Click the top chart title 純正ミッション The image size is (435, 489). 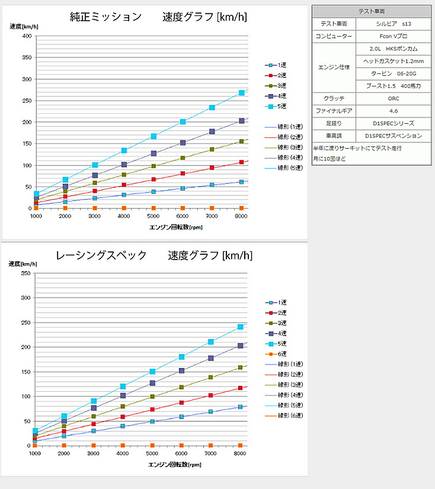[x=105, y=17]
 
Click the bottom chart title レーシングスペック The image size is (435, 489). [x=101, y=255]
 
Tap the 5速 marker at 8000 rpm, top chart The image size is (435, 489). [x=241, y=93]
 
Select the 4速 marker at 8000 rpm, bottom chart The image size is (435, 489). [x=241, y=346]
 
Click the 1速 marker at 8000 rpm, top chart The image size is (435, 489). [x=241, y=182]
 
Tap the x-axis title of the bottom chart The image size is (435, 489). [x=175, y=464]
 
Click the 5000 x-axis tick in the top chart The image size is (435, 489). [x=153, y=217]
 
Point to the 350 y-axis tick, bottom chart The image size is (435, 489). [x=25, y=273]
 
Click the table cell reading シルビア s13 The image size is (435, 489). [x=393, y=24]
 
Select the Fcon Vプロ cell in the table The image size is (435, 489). [x=393, y=36]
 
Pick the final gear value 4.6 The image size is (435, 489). [x=393, y=110]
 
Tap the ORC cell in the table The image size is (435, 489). [x=393, y=98]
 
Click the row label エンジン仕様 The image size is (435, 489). [x=334, y=67]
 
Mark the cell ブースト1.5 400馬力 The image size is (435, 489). [x=393, y=85]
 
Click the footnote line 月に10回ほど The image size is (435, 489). [x=330, y=159]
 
